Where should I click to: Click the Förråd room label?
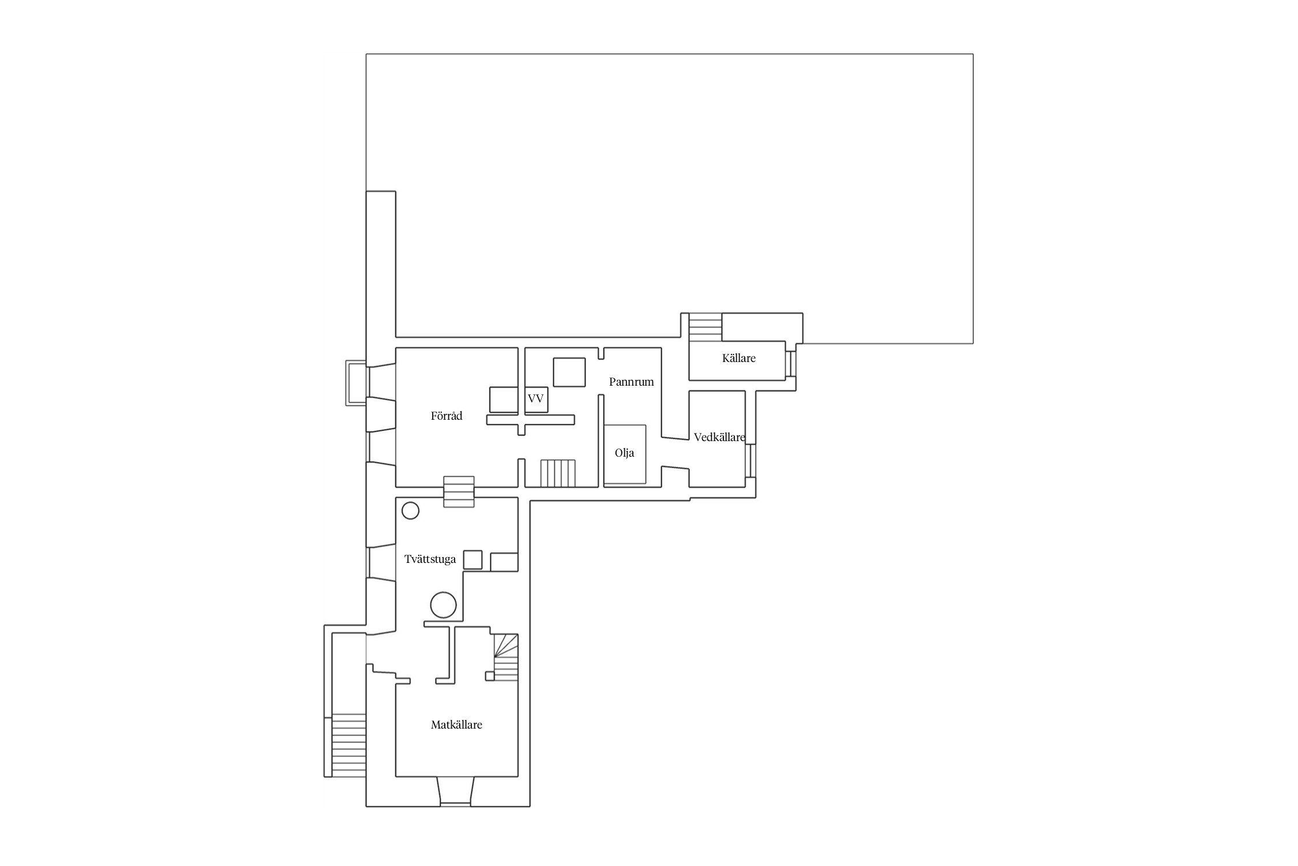(447, 416)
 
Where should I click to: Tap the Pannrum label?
(632, 382)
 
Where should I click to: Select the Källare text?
(739, 358)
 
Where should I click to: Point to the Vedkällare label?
(719, 437)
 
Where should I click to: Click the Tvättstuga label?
(430, 559)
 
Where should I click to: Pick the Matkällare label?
(456, 725)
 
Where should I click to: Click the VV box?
(536, 400)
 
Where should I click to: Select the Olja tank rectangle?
(625, 454)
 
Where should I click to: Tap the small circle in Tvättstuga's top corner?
(410, 510)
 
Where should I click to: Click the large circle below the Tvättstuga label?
(443, 605)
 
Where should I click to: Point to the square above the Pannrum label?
(569, 372)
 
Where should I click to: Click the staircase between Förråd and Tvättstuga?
(459, 492)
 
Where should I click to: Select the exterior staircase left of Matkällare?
(349, 745)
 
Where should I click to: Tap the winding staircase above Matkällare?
(506, 657)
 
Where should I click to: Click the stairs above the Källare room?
(706, 327)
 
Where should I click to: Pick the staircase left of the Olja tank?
(558, 473)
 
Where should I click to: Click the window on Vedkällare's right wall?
(751, 460)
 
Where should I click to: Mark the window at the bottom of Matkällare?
(455, 792)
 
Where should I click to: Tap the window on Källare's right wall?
(791, 364)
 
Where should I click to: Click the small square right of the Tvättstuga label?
(473, 560)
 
